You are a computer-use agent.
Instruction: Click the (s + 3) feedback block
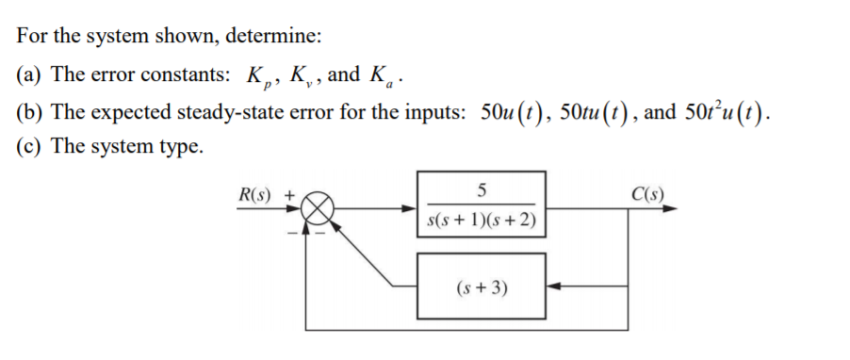point(481,286)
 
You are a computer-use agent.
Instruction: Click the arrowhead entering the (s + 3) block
point(554,286)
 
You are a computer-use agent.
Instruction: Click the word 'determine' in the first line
point(279,38)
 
